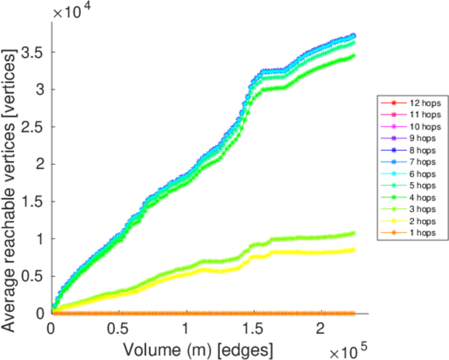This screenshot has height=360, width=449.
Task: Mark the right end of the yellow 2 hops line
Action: (x=353, y=250)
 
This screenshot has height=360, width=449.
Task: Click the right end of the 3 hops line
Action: (x=353, y=233)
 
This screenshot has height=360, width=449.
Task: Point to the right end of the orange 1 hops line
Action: (x=353, y=313)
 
